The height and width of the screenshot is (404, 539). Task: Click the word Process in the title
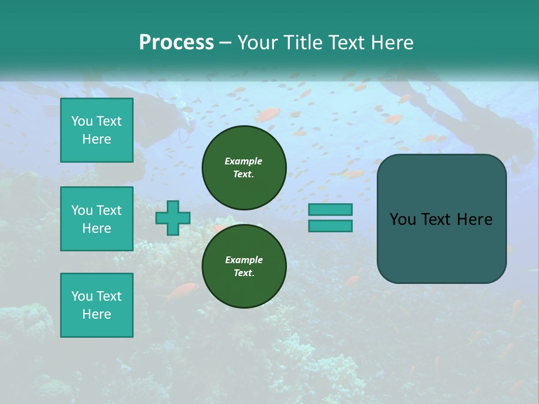[x=176, y=43]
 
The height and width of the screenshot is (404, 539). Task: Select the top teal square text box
[x=97, y=130]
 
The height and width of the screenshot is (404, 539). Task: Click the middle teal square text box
[x=97, y=219]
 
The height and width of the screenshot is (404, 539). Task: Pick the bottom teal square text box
[x=97, y=305]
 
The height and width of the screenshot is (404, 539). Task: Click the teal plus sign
[x=173, y=218]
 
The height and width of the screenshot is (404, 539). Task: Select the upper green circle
[x=244, y=167]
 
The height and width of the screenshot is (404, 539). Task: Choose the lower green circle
[x=244, y=266]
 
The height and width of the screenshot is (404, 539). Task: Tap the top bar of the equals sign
[x=330, y=210]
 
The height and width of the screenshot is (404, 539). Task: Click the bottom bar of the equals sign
[x=330, y=226]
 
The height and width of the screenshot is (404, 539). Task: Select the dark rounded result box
[x=441, y=219]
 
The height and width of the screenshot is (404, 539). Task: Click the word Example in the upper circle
[x=244, y=161]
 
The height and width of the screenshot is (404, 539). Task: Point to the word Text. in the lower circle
[x=244, y=273]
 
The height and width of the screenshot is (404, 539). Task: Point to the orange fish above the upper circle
[x=267, y=115]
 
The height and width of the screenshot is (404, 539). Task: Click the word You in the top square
[x=82, y=121]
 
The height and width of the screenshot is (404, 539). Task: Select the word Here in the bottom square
[x=97, y=314]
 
